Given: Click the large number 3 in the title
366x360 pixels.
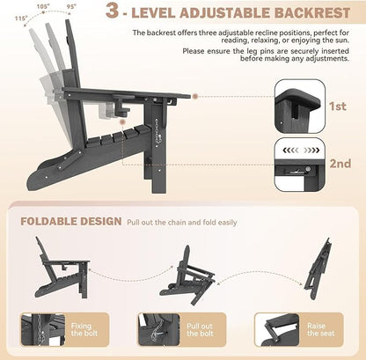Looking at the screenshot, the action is [113, 11].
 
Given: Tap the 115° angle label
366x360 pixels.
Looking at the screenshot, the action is [21, 18].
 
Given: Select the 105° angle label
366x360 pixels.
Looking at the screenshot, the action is [43, 7].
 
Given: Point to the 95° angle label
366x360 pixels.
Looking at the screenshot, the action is [71, 6].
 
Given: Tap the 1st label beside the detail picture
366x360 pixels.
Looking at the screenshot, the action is [338, 107].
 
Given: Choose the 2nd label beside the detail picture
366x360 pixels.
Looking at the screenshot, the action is [340, 164].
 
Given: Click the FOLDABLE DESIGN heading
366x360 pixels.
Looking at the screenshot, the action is [71, 221].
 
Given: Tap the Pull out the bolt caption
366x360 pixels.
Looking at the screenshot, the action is [200, 329].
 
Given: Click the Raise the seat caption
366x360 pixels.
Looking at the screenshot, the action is [320, 329].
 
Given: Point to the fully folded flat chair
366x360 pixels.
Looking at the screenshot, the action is [318, 268].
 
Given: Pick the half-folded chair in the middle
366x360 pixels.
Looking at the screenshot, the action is [187, 276].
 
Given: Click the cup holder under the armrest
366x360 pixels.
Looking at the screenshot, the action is [121, 106].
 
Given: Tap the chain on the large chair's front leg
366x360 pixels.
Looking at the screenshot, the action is [158, 130].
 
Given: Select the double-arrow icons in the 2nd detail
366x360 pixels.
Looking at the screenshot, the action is [301, 151].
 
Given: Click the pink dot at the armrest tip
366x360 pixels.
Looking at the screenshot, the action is [195, 96].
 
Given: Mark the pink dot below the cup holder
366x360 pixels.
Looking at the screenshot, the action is [122, 122].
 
